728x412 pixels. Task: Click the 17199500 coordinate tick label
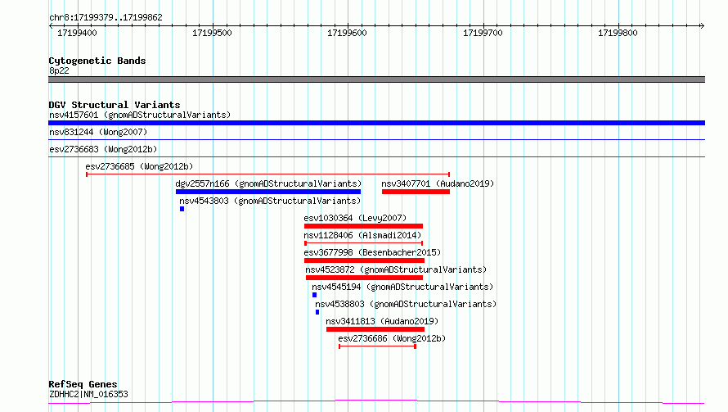pyautogui.click(x=212, y=33)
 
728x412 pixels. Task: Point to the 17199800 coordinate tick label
pyautogui.click(x=618, y=33)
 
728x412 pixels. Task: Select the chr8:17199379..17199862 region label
pyautogui.click(x=106, y=18)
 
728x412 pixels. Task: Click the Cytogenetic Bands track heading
pyautogui.click(x=97, y=61)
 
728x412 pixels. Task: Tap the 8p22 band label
pyautogui.click(x=59, y=70)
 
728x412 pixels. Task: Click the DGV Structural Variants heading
pyautogui.click(x=115, y=105)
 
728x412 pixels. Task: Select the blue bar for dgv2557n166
pyautogui.click(x=268, y=192)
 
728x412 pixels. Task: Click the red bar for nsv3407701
pyautogui.click(x=416, y=192)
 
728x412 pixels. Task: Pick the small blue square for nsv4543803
pyautogui.click(x=182, y=209)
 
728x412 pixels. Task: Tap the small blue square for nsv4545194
pyautogui.click(x=314, y=295)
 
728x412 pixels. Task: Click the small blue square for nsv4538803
pyautogui.click(x=317, y=312)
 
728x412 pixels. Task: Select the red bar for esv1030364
pyautogui.click(x=363, y=226)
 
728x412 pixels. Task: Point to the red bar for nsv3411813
pyautogui.click(x=375, y=329)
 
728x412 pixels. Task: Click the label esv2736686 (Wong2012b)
pyautogui.click(x=392, y=338)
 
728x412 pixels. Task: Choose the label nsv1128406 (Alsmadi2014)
pyautogui.click(x=362, y=235)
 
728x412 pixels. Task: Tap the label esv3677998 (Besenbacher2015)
pyautogui.click(x=372, y=252)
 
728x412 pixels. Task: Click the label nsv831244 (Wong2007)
pyautogui.click(x=98, y=132)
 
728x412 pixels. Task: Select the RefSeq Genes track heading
pyautogui.click(x=83, y=384)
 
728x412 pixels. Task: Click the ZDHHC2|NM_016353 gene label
pyautogui.click(x=88, y=394)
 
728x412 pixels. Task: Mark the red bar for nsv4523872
pyautogui.click(x=365, y=278)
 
